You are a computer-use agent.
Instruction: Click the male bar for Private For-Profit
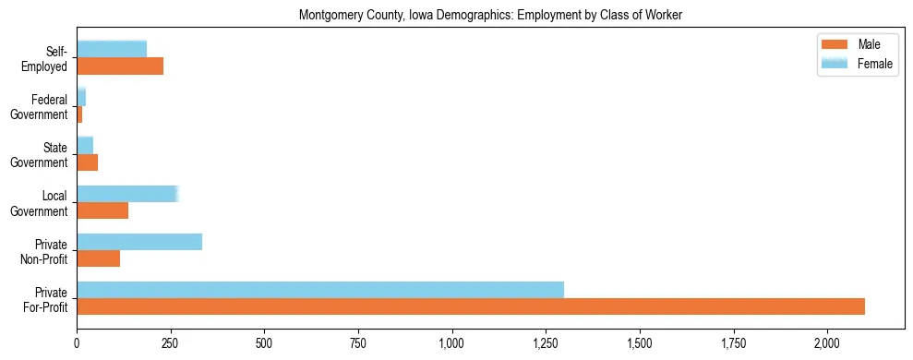point(471,307)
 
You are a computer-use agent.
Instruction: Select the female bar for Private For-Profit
point(320,290)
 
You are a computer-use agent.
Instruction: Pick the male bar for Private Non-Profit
point(99,259)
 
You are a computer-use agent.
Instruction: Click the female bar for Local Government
point(126,194)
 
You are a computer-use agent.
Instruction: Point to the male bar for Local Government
point(102,210)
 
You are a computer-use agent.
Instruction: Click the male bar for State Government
point(88,162)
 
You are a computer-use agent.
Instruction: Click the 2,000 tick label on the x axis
point(828,342)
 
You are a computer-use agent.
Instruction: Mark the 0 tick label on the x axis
point(77,342)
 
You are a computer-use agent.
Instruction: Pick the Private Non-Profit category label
point(48,250)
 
